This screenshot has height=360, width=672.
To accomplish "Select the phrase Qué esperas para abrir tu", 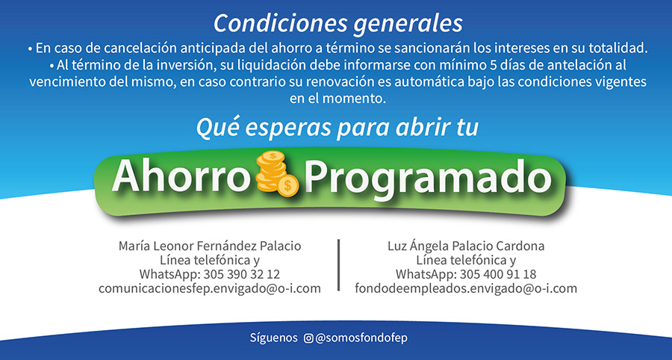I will pos(337,128).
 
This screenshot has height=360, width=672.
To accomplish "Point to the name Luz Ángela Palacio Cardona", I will pos(466,246).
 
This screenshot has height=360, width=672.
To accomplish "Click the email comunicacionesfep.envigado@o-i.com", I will pos(210,288).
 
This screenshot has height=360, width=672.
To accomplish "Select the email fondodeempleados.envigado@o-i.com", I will pos(466,288).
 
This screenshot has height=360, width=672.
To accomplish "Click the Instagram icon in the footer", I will pos(308,338).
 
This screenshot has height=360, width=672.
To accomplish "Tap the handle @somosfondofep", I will pos(361,338).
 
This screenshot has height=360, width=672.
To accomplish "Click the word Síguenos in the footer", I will pos(273,338).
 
